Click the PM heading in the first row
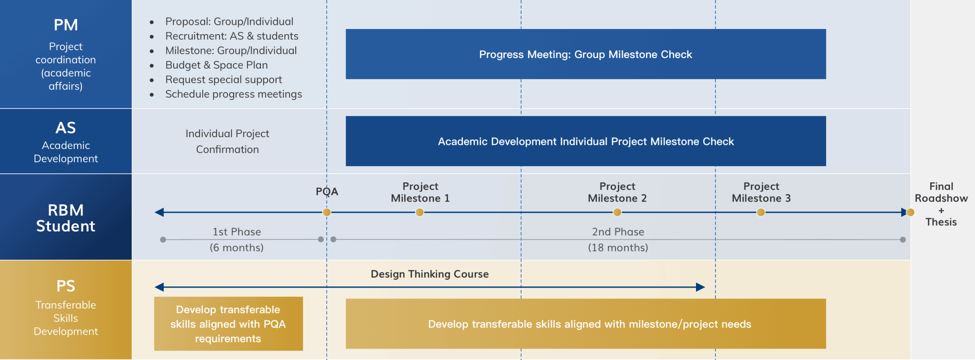[66, 25]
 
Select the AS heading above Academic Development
[66, 128]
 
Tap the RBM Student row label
[66, 218]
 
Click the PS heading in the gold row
[66, 286]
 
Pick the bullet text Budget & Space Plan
[216, 65]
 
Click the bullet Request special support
[223, 80]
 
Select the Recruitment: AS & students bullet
[231, 36]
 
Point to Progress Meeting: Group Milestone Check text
[585, 55]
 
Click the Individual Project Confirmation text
[228, 141]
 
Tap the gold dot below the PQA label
[327, 212]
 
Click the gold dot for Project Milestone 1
[419, 212]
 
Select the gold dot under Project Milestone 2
[617, 212]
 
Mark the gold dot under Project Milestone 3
[761, 212]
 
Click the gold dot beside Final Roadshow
[910, 212]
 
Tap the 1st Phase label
[237, 232]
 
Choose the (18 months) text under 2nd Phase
[618, 248]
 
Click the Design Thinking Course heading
[429, 274]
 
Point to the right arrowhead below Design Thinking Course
[700, 287]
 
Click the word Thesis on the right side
[941, 222]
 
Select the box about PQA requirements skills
[228, 324]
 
